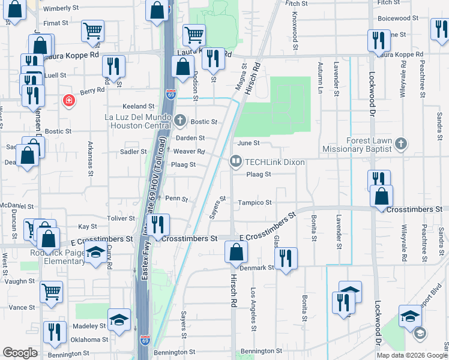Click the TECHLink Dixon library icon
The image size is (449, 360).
point(236,162)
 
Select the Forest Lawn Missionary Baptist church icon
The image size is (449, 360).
point(401,144)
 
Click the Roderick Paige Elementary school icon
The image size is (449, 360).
point(95,253)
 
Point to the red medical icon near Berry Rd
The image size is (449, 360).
point(70,100)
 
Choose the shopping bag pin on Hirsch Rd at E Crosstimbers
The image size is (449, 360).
point(236,251)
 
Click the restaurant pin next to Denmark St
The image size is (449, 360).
point(286,259)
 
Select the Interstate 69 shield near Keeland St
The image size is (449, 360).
point(170,94)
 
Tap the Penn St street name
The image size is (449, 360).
point(176,199)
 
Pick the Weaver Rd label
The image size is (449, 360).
point(193,152)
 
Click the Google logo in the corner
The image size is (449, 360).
point(20,353)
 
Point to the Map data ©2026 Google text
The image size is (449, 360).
point(411,355)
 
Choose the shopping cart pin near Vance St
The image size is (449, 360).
point(52,292)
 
